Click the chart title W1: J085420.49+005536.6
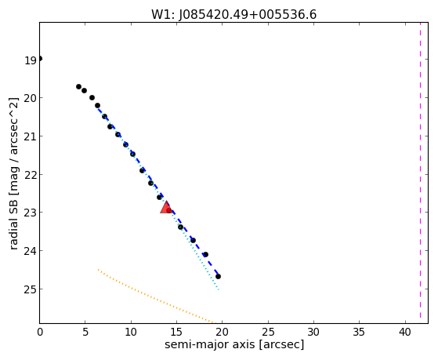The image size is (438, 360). [233, 15]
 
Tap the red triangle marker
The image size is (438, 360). [166, 207]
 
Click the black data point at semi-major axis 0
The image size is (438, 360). [40, 59]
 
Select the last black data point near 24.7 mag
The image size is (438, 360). [218, 276]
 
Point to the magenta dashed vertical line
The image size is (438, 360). [420, 173]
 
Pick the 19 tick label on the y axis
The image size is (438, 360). [31, 60]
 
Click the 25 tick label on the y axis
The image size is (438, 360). [31, 289]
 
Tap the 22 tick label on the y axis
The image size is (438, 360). [31, 175]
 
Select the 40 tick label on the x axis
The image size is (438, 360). [405, 332]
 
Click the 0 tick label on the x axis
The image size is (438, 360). [40, 332]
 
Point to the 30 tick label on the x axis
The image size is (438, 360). [313, 332]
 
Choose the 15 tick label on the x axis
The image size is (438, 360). [176, 332]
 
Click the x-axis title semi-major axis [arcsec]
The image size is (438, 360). [234, 344]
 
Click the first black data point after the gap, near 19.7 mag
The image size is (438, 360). [79, 87]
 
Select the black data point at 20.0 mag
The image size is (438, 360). [92, 97]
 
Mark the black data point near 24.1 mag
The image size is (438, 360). [205, 254]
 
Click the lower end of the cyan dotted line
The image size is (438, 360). [219, 289]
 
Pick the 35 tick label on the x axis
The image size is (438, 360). [359, 332]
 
